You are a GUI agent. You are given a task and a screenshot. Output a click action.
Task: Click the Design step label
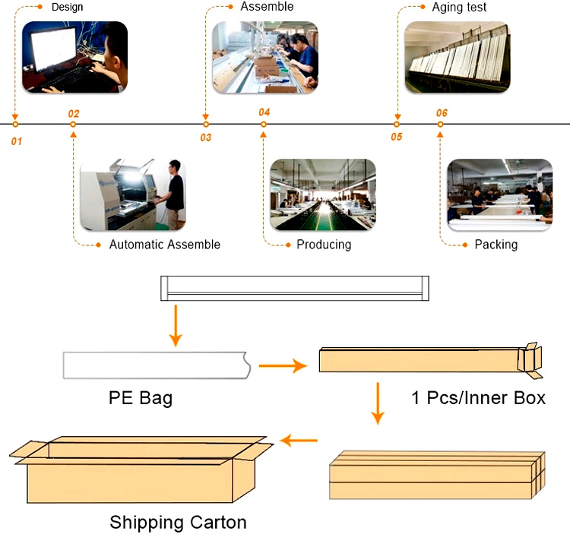pos(67,8)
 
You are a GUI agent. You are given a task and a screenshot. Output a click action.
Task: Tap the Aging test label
pos(459,8)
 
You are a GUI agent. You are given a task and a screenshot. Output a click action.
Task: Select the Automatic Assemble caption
pos(165,245)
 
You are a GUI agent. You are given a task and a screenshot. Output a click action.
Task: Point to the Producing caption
pos(324,245)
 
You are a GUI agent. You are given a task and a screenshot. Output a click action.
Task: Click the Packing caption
pos(496,245)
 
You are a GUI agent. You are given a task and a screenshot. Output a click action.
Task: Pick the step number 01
pos(17,141)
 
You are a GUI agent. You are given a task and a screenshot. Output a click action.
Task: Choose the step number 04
pos(264,112)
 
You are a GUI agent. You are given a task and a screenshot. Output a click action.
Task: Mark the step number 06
pos(442,113)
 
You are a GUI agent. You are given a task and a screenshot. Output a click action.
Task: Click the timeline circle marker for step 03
pos(205,124)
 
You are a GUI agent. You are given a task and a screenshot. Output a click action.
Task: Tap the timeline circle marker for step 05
pos(397,124)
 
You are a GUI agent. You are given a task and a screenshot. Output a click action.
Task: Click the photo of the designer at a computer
pos(74,57)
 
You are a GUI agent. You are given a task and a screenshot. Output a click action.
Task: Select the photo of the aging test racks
pos(455,57)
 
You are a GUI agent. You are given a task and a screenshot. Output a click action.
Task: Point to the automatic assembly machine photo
pos(133,194)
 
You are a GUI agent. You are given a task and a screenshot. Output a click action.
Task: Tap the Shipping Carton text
pos(178,523)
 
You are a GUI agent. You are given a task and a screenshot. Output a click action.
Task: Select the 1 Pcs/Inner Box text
pos(478,397)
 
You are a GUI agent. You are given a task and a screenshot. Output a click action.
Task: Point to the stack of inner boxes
pos(437,476)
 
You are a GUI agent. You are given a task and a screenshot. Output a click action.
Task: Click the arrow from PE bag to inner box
pos(282,366)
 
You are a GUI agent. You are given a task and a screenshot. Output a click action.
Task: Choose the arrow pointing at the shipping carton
pos(299,440)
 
